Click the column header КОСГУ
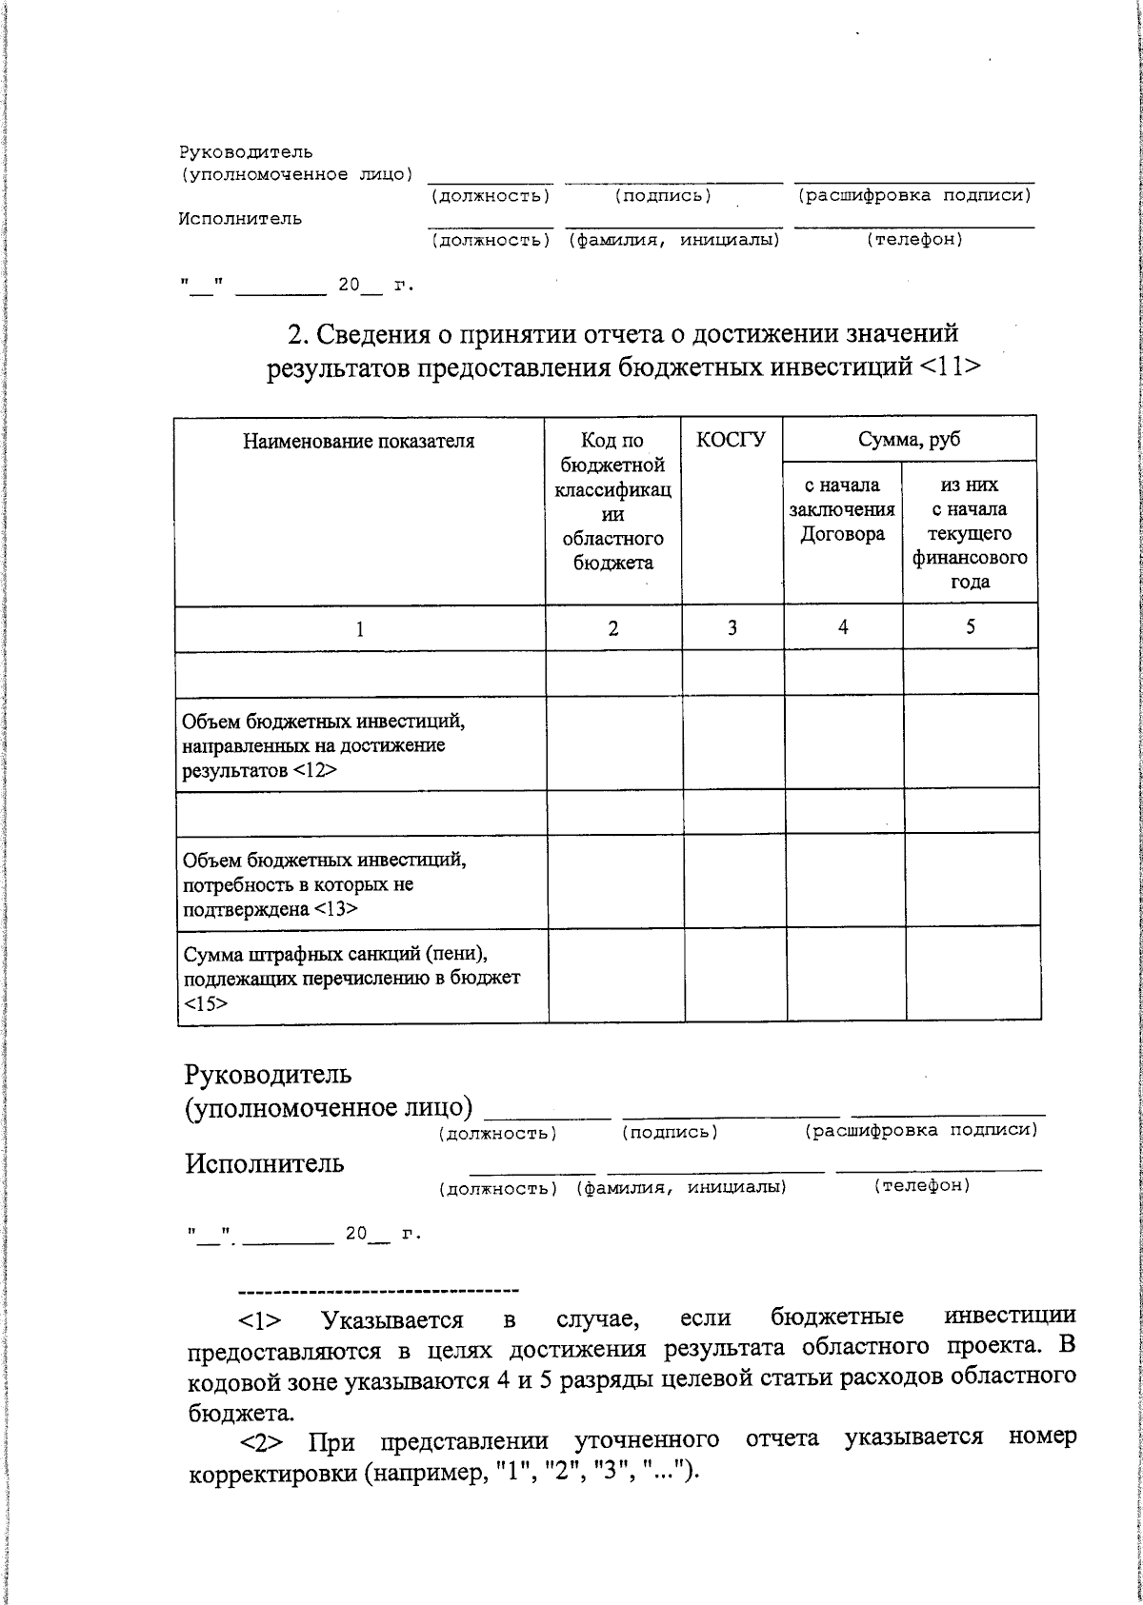pos(731,440)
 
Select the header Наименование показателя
pos(358,441)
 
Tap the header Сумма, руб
pos(909,439)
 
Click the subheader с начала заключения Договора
pos(842,510)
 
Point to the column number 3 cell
pos(732,628)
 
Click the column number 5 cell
pos(970,626)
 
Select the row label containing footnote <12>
pos(323,745)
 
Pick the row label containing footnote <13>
pos(324,884)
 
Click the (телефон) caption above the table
pos(913,240)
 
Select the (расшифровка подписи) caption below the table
pos(920,1130)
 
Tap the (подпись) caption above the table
pos(663,196)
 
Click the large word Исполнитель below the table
pos(265,1163)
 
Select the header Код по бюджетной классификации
pos(612,502)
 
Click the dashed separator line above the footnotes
pos(377,1291)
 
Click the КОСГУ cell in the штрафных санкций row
pos(733,978)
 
